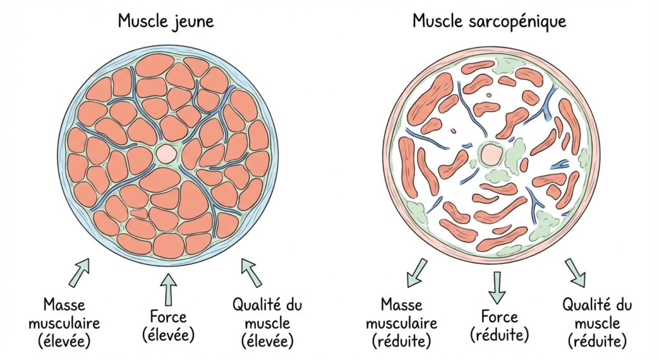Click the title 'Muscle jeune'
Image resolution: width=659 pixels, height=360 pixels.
[x=165, y=21]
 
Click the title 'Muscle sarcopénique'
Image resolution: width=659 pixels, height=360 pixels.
[x=489, y=21]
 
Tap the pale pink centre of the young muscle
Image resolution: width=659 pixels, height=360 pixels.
[x=167, y=153]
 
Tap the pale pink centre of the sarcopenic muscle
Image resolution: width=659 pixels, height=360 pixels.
[x=491, y=154]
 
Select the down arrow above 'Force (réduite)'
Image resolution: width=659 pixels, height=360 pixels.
[x=496, y=287]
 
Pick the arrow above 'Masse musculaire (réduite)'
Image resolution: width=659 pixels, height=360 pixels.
[x=416, y=272]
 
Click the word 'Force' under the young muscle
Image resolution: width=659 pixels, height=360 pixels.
[x=168, y=317]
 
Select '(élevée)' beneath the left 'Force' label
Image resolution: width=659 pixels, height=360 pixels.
[x=168, y=336]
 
